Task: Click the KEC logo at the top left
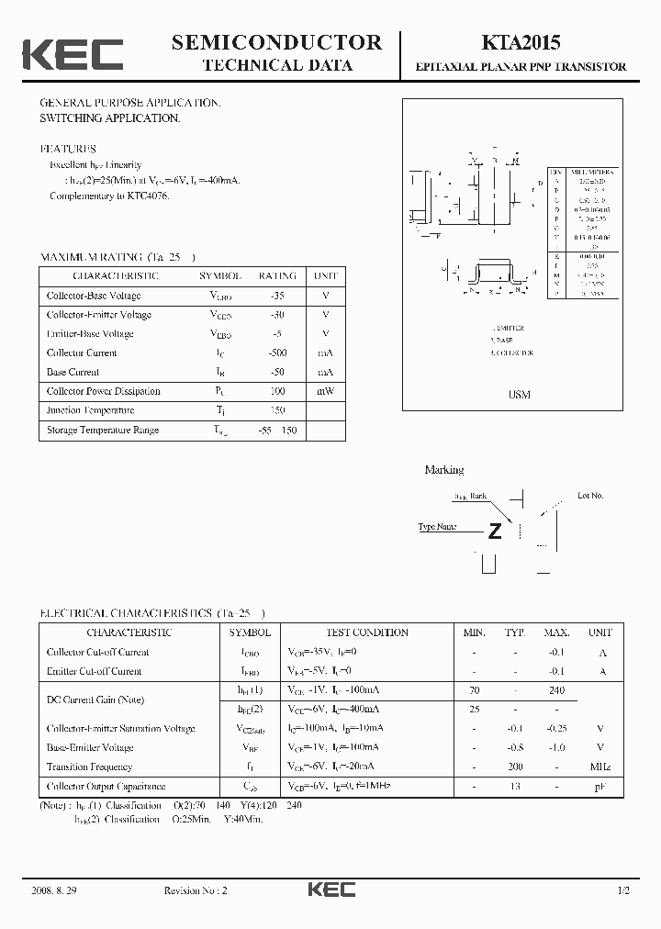[73, 54]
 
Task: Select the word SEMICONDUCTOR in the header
[276, 42]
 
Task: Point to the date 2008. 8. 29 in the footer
[55, 890]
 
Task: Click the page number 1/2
[623, 890]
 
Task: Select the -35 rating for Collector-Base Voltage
[276, 296]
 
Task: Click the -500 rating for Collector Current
[276, 353]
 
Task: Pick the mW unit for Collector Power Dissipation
[325, 392]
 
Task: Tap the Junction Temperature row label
[90, 411]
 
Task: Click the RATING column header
[276, 276]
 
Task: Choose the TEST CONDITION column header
[367, 632]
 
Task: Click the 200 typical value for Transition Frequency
[515, 767]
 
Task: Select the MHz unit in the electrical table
[600, 767]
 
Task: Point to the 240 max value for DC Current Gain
[556, 690]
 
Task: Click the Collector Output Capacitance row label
[106, 787]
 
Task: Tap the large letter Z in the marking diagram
[495, 532]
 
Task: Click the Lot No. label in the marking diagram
[590, 496]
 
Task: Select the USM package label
[520, 395]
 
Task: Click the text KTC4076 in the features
[146, 196]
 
